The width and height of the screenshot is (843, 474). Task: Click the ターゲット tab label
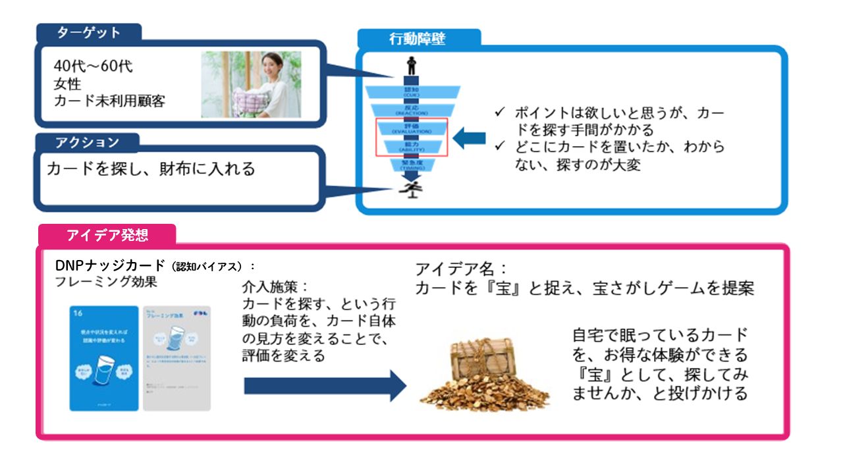pos(89,33)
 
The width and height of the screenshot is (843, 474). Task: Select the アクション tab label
pos(88,142)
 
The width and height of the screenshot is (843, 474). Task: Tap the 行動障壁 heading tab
pos(418,39)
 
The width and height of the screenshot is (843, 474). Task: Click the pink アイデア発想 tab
pos(107,235)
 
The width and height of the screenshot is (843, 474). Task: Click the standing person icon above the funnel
pos(412,66)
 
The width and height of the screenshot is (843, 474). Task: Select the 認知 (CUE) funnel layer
pos(412,92)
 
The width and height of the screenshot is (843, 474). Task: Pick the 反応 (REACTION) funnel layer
pos(412,110)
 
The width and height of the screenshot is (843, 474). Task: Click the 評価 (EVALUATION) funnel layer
pos(412,128)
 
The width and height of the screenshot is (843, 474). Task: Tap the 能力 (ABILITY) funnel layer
pos(412,146)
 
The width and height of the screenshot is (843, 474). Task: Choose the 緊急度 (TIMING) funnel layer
pos(412,163)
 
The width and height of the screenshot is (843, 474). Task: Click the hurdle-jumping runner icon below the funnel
pos(412,190)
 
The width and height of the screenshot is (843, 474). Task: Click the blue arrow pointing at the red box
pos(469,138)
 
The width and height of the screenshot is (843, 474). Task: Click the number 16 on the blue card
pos(78,313)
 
